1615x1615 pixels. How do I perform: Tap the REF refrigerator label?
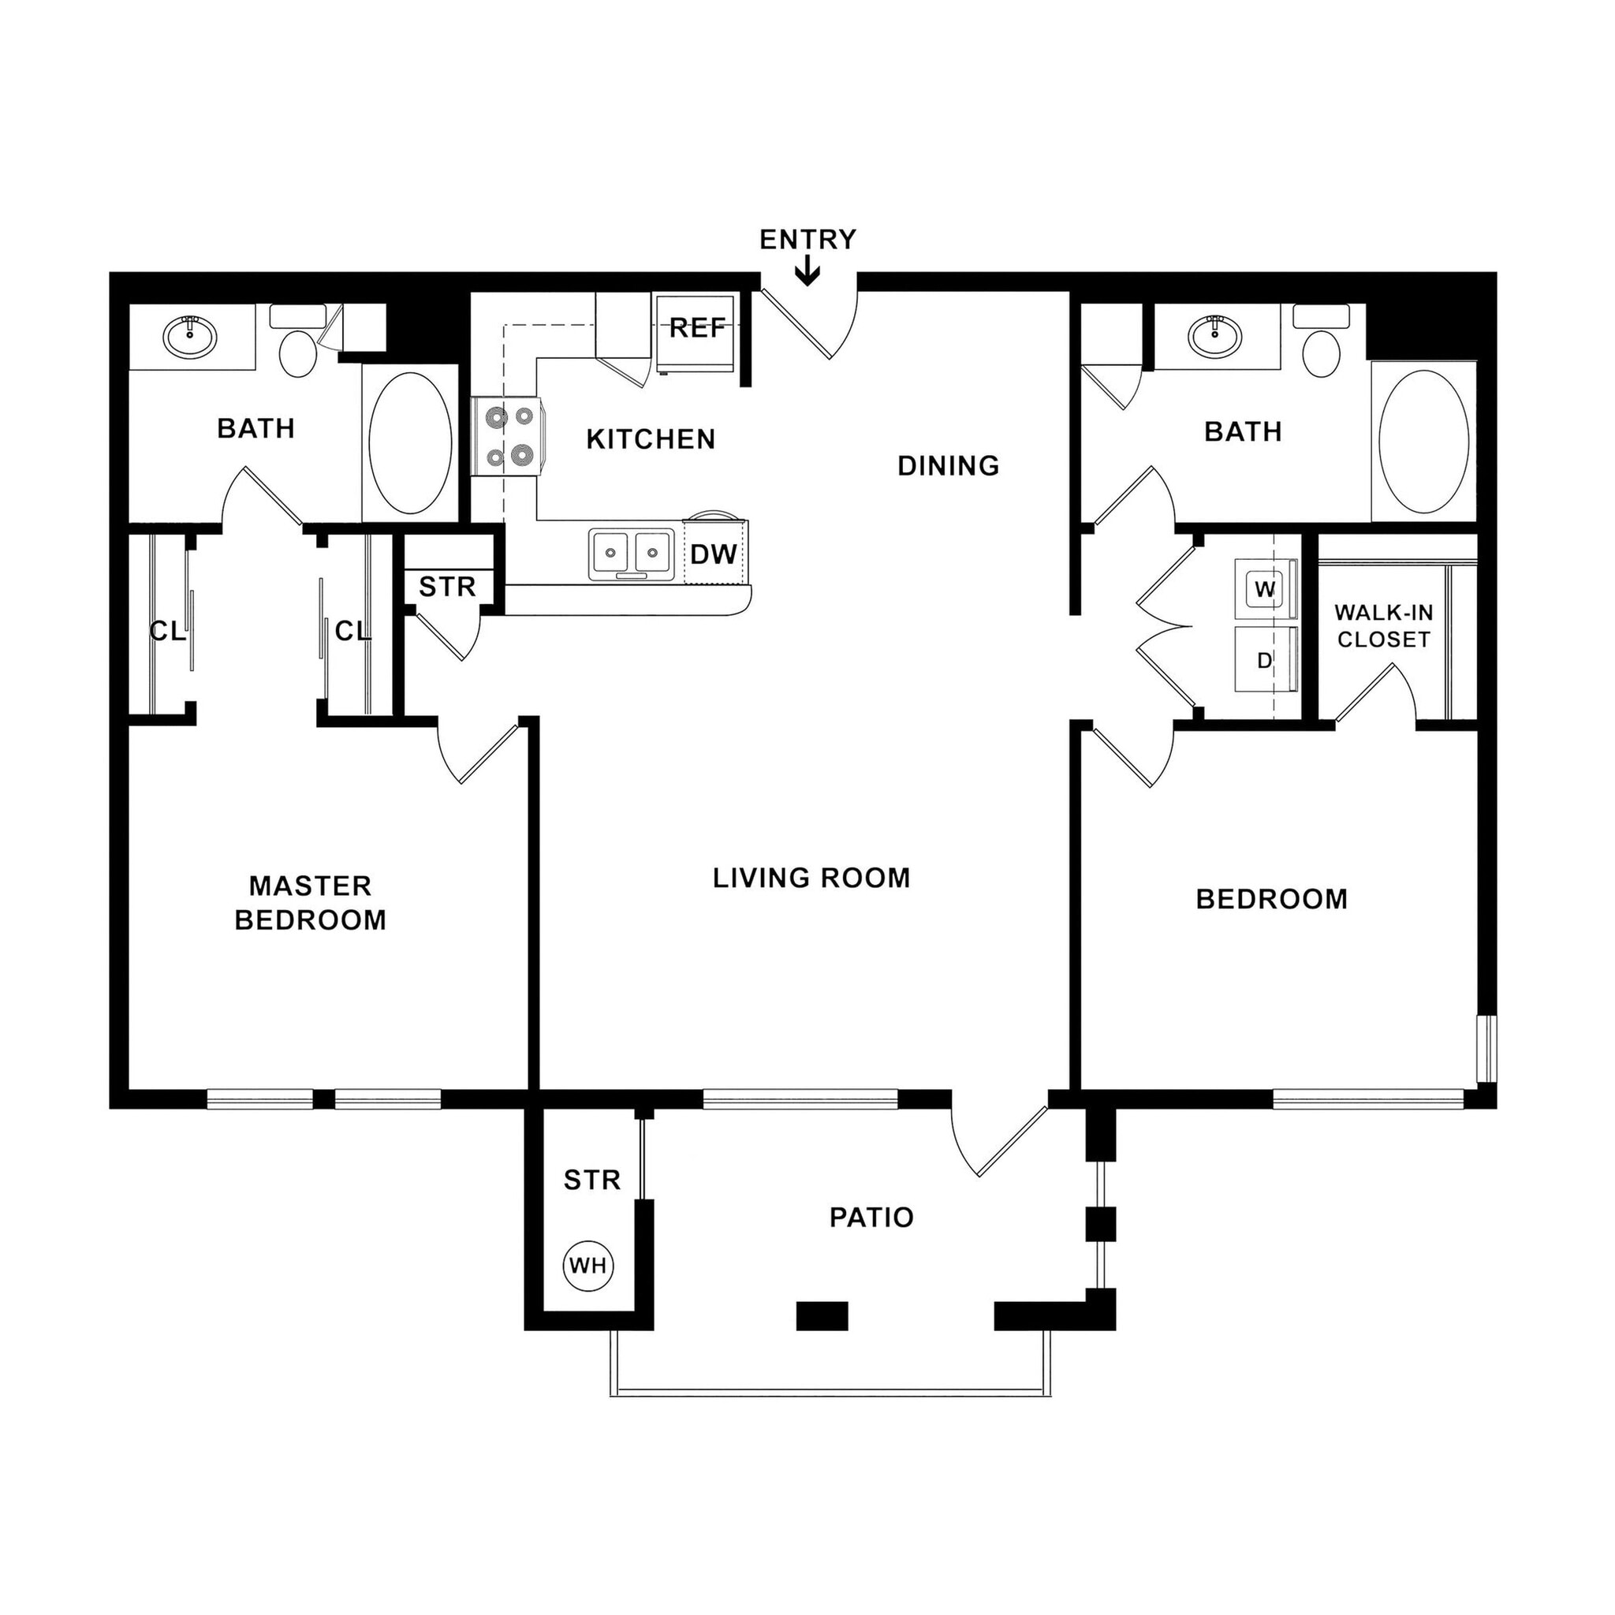[697, 329]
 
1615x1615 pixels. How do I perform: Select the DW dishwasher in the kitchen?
[714, 554]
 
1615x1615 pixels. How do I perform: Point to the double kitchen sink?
[631, 553]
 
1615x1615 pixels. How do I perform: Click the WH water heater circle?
[588, 1265]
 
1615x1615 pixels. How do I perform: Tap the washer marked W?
[1265, 589]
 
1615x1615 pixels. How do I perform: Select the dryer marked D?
[1265, 660]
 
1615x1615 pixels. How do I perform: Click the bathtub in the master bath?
[409, 443]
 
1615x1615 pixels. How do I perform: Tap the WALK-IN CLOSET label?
[1383, 626]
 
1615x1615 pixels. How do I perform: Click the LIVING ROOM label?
[811, 878]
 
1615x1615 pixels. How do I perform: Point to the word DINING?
[948, 465]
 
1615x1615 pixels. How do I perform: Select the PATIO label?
[871, 1217]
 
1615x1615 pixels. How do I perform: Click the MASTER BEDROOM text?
[310, 903]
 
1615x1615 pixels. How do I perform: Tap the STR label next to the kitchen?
[447, 587]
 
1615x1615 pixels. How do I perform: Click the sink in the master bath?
[191, 336]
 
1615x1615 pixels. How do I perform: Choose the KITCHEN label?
[651, 439]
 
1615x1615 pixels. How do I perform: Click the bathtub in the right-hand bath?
[1423, 443]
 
